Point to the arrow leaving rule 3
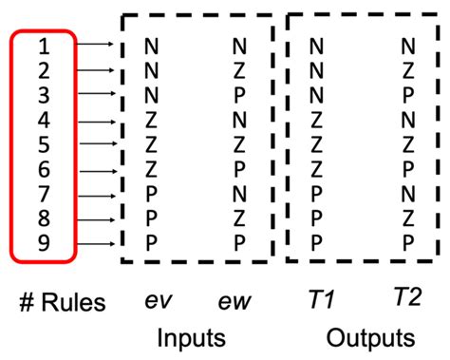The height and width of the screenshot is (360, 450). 94,93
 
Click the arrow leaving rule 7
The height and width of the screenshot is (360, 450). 94,192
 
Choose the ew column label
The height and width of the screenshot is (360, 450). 237,301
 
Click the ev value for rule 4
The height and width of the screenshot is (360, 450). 151,119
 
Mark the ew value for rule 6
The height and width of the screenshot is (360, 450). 238,168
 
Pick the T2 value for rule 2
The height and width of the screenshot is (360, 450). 407,69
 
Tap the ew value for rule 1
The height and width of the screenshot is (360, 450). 238,45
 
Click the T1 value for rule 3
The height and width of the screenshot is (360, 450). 316,94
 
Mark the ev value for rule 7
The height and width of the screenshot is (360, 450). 151,192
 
